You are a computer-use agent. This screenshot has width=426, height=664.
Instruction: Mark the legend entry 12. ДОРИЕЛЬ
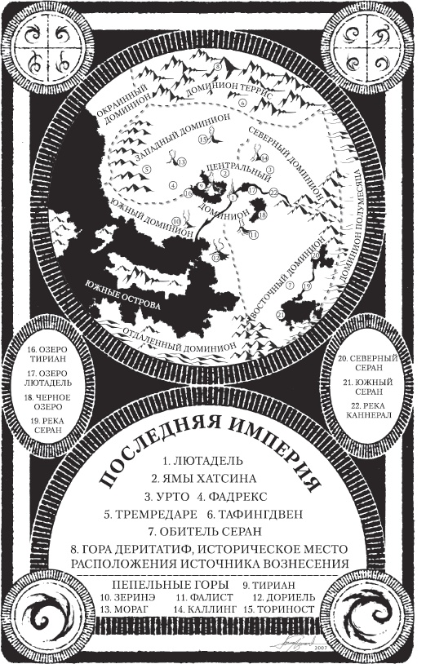point(290,598)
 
